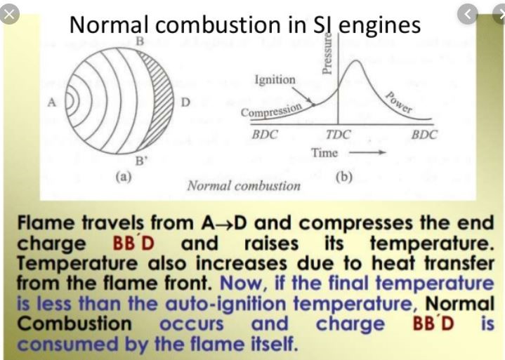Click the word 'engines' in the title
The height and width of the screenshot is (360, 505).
point(379,26)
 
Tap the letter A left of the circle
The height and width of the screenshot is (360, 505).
point(52,102)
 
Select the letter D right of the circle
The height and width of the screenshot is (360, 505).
point(185,102)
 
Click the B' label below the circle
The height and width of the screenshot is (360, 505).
point(140,160)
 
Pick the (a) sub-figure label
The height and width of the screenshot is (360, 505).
point(124,177)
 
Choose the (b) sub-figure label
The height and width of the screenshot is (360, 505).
point(344,177)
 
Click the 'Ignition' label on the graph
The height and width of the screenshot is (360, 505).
point(275,79)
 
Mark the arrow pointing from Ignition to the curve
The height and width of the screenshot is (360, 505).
point(303,96)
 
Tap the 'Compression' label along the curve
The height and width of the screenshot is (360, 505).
point(272,110)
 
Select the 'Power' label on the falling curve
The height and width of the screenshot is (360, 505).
point(399,102)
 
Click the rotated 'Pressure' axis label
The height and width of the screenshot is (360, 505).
point(327,53)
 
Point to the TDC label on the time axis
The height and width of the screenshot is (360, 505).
point(338,134)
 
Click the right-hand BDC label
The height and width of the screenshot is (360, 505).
point(424,134)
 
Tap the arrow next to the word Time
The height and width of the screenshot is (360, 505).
point(367,152)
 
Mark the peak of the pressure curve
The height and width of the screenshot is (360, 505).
point(355,60)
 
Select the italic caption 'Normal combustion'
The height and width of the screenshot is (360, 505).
point(244,186)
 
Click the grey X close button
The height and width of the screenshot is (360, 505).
point(8,15)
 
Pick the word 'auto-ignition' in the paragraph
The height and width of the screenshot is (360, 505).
point(225,303)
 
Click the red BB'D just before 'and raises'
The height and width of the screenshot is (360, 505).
point(133,244)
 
